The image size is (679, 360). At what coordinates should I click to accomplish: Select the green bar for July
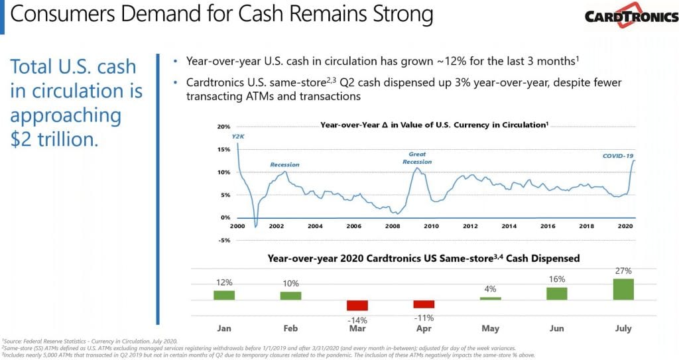click(623, 289)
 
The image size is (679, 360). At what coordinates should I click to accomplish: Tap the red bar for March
click(357, 306)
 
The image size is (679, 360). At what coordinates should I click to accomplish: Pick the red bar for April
click(424, 304)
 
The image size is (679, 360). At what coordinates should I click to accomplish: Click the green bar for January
click(224, 295)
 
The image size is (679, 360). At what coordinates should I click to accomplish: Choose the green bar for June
click(557, 293)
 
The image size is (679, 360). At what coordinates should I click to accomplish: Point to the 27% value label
click(623, 271)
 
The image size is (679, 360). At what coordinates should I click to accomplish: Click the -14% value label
click(357, 320)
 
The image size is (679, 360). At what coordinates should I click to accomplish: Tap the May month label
click(490, 328)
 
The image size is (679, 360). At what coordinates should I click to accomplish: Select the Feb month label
click(290, 328)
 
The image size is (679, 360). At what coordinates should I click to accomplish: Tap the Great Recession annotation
click(418, 158)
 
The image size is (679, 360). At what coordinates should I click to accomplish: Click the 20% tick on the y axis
click(223, 127)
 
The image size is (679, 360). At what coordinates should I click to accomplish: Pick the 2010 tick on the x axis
click(432, 226)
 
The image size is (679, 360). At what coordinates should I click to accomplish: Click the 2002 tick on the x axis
click(276, 226)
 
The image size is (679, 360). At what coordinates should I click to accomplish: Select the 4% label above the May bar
click(490, 289)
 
